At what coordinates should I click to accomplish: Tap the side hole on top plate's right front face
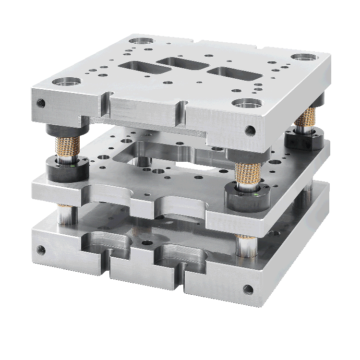pos(250,130)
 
